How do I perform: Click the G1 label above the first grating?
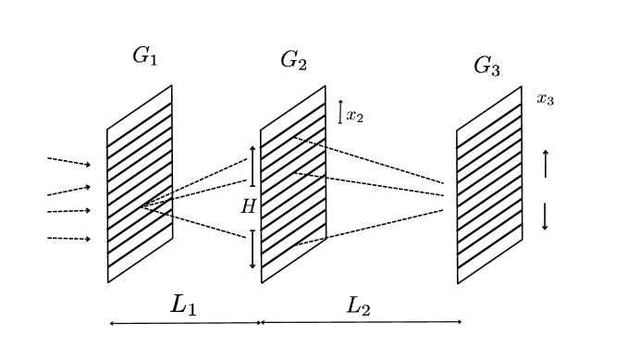[x=145, y=56]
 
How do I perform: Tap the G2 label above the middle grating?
[x=293, y=61]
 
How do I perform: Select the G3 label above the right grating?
[x=486, y=66]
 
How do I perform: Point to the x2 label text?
[x=355, y=116]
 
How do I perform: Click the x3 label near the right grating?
[x=545, y=99]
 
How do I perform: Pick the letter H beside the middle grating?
[x=247, y=207]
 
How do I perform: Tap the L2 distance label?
[x=358, y=305]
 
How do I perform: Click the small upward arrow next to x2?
[x=340, y=112]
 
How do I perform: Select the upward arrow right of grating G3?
[x=545, y=163]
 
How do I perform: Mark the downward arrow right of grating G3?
[x=545, y=216]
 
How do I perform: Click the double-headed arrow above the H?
[x=252, y=166]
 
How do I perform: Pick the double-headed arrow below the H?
[x=252, y=249]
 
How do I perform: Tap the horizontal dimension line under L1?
[x=184, y=323]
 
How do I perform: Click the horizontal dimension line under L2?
[x=361, y=322]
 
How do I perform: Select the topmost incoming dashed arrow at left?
[x=69, y=162]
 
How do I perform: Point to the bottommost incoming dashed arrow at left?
[x=69, y=239]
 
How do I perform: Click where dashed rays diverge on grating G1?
[x=142, y=206]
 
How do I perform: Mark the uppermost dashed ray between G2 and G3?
[x=370, y=161]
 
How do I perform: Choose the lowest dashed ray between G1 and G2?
[x=194, y=223]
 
